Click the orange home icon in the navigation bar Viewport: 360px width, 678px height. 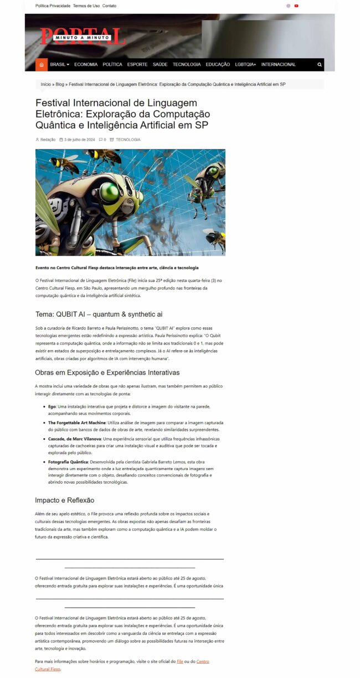coord(42,65)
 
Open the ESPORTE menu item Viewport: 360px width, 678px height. coord(137,65)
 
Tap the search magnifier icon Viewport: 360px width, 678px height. coord(320,65)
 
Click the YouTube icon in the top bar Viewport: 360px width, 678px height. coord(296,6)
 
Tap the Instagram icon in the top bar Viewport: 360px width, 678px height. coord(288,6)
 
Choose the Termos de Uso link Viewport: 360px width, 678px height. coord(86,6)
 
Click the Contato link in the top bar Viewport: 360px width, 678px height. coord(109,6)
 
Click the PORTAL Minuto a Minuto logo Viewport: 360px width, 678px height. coord(83,37)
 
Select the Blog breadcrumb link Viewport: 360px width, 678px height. coord(60,84)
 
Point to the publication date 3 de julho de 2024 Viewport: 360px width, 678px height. coord(79,140)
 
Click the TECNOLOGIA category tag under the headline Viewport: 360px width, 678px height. coord(128,140)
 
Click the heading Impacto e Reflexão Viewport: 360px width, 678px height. coord(65,500)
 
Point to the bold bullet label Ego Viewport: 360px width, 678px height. coord(52,407)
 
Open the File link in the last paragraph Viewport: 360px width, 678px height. coord(179,662)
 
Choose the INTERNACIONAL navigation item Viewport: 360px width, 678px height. coord(279,65)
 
